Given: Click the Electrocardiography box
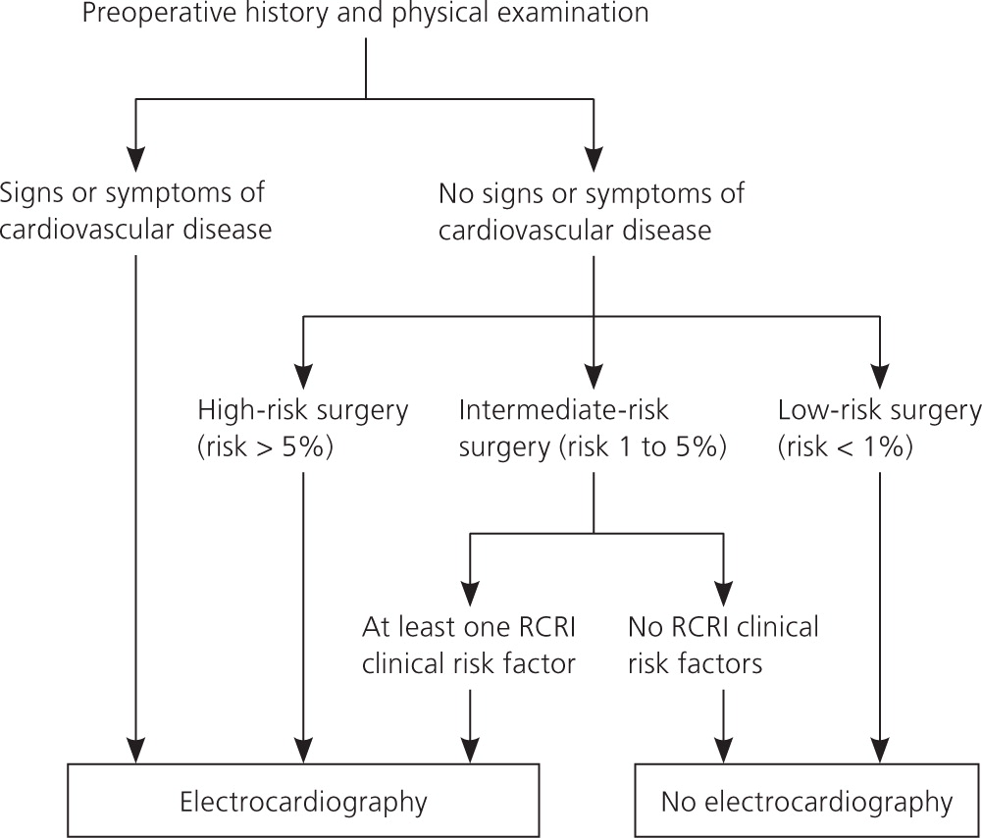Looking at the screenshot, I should [303, 802].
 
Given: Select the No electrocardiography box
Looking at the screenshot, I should [806, 802].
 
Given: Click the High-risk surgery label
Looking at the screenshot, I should [302, 409].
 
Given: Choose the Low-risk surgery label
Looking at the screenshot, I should [878, 409].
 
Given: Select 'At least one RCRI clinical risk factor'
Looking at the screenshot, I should [468, 645].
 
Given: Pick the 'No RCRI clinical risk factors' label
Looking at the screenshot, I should [723, 645].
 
